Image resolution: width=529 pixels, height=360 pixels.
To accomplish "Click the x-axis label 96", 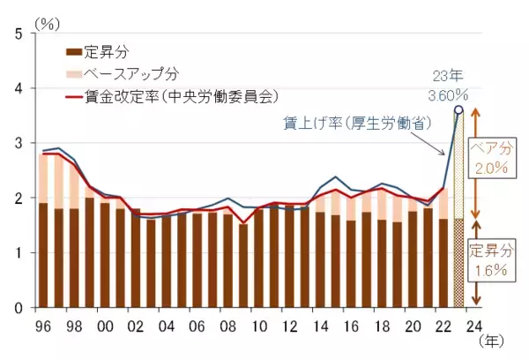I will (43, 325).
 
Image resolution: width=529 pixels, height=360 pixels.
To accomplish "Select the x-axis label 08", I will (228, 325).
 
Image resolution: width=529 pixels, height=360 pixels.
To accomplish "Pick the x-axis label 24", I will (475, 325).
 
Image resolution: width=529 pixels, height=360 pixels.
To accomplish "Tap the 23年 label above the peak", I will (447, 77).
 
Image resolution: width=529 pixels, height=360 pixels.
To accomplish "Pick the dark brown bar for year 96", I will (43, 255).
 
